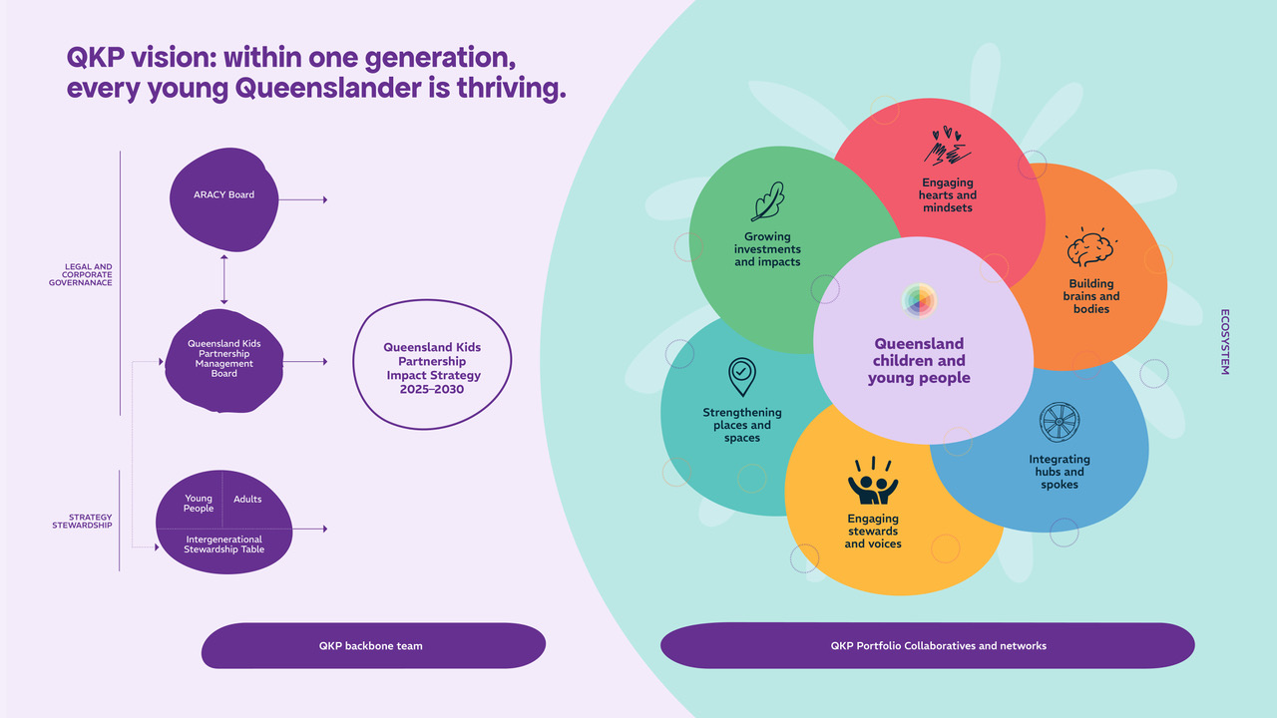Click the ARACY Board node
coord(224,199)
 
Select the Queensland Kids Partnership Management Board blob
coord(224,361)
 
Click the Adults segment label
coord(247,500)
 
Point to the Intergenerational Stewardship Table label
coord(224,544)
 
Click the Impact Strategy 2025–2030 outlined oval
coord(432,365)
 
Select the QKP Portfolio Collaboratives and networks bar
coord(928,645)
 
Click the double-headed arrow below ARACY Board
coord(224,279)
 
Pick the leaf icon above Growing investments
coord(768,201)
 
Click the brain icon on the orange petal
coord(1090,246)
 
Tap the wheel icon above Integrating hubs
coord(1060,422)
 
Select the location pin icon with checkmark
coord(741,377)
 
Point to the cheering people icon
coord(873,481)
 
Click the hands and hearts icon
coord(948,146)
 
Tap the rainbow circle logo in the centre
coord(919,300)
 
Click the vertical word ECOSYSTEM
coord(1224,342)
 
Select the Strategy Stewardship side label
coord(82,521)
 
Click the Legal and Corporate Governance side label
coord(81,274)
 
